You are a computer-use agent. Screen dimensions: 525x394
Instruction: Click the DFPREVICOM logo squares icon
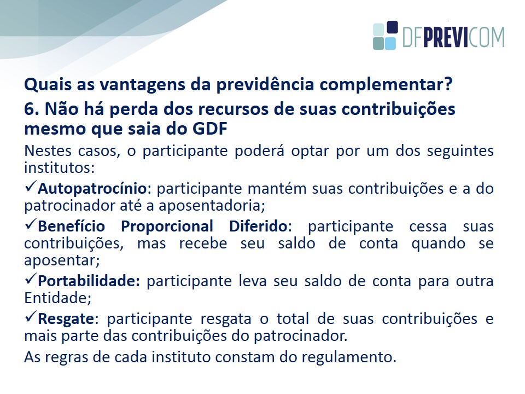386,36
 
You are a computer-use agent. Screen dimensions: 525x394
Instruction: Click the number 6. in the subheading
32,109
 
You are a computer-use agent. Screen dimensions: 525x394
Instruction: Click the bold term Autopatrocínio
92,189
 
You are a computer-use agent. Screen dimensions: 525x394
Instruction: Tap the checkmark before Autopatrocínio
31,186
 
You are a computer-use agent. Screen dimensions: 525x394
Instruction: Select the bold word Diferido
258,226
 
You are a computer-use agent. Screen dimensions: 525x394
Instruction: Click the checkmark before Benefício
31,223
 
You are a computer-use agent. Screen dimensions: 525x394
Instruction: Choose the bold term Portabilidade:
89,281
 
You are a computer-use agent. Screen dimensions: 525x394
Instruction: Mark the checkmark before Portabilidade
31,278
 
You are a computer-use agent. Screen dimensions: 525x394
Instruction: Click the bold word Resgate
66,319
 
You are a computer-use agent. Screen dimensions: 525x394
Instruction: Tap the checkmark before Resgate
31,316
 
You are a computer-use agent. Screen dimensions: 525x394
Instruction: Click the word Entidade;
57,298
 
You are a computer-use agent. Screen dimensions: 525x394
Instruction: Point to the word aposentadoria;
212,206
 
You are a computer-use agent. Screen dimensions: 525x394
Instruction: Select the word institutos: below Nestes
60,167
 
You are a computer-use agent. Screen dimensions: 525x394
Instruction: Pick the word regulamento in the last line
347,357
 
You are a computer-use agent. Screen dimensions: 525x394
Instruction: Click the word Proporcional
167,227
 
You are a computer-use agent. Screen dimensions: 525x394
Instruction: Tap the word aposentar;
62,260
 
